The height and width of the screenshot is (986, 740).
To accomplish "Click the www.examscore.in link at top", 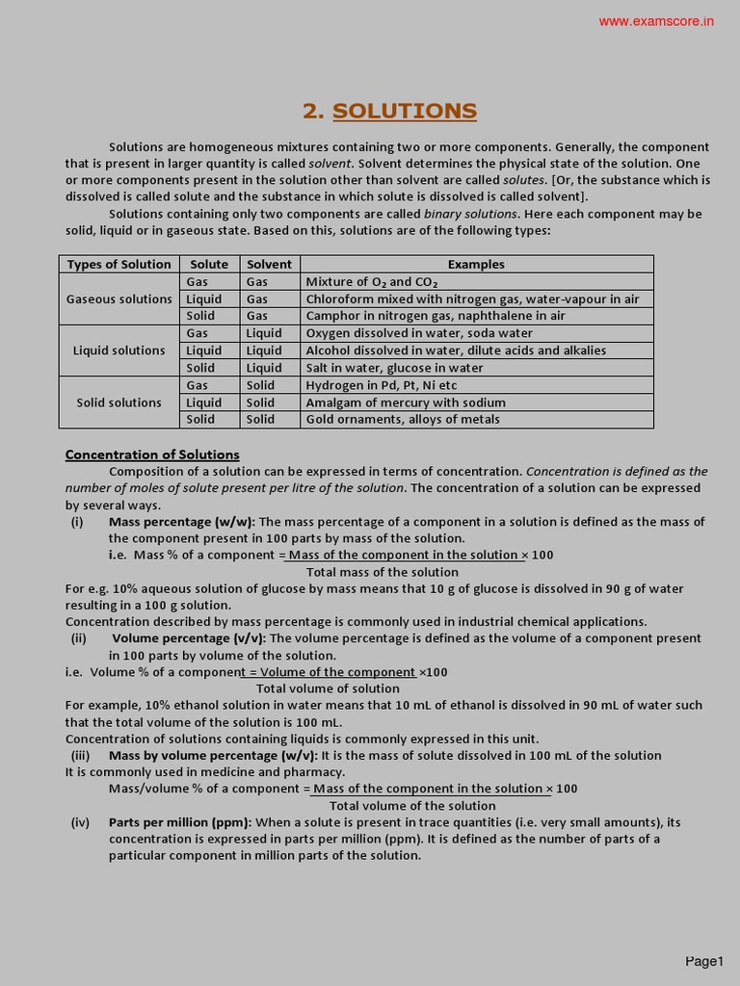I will point(656,21).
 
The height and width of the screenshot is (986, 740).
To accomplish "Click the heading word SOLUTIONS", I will point(405,111).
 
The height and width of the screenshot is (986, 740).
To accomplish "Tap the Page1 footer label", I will point(703,961).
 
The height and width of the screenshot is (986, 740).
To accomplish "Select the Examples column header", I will point(476,264).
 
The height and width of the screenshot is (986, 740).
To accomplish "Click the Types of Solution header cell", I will point(119,264).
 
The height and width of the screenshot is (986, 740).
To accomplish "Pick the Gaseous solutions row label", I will point(119,299).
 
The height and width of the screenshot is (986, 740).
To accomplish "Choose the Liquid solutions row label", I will point(119,350).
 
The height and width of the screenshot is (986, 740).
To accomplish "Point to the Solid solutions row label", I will point(119,402).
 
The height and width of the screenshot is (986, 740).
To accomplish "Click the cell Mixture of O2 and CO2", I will point(372,282).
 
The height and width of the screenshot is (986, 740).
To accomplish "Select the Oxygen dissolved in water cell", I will point(419,333).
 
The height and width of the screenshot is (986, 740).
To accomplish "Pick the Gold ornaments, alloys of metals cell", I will point(403,420).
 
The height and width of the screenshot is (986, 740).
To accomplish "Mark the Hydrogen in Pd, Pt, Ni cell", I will point(382,385).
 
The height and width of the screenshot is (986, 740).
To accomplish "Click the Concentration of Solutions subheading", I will point(152,454).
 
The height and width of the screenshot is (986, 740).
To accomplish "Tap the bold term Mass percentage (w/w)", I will point(182,522).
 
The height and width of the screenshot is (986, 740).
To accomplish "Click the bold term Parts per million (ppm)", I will point(180,822).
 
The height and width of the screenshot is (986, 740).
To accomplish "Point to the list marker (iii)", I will point(80,756).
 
